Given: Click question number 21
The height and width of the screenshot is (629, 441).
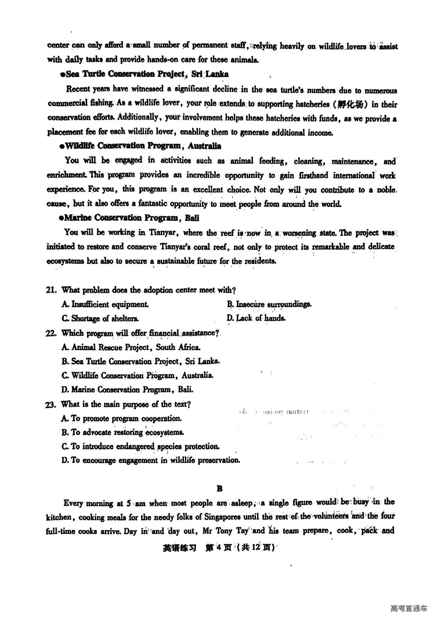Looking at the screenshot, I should point(51,290).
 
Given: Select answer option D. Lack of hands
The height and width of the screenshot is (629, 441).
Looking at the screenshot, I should point(256,318).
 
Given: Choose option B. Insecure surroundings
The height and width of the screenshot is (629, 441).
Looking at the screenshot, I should point(269,304).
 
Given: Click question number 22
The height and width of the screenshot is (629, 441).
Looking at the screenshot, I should point(51,333).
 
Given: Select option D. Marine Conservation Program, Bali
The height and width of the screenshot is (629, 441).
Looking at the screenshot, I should point(127,389).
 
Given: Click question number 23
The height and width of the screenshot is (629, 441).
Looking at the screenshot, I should point(51,404).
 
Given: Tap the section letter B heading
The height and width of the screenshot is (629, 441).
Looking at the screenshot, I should point(220,489).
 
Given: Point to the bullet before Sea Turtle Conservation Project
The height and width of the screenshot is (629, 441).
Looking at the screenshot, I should point(63,75).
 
